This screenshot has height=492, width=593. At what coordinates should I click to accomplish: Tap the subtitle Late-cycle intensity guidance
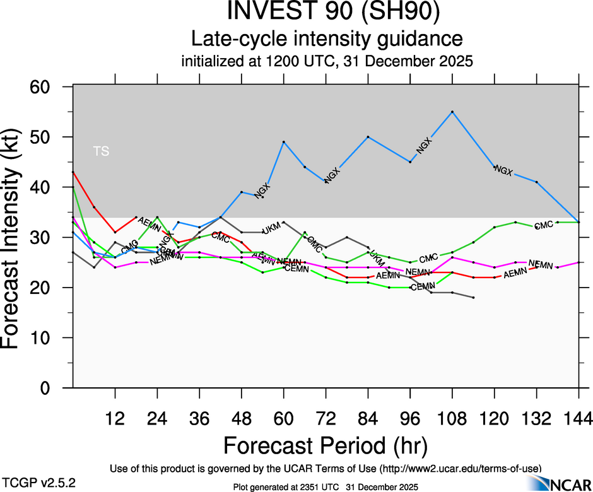click(327, 39)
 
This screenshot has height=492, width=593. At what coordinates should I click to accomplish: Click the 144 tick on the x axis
click(579, 418)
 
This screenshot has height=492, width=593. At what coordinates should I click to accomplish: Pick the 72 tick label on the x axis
click(326, 418)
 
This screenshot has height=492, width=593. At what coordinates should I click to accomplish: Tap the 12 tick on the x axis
click(115, 418)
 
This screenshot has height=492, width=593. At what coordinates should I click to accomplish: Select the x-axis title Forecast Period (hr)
click(326, 445)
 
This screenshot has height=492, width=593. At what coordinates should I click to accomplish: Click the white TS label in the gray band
click(101, 151)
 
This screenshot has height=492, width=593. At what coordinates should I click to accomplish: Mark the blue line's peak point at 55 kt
click(452, 112)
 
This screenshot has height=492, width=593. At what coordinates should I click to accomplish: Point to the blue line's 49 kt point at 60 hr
click(284, 142)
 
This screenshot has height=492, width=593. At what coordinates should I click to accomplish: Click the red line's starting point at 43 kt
click(73, 172)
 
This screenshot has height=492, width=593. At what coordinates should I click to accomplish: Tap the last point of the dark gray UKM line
click(474, 297)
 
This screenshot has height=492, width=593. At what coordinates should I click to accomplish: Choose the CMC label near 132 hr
click(544, 226)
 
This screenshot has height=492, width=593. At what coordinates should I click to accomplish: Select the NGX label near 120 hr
click(503, 170)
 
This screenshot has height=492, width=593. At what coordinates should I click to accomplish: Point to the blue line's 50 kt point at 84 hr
click(368, 137)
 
